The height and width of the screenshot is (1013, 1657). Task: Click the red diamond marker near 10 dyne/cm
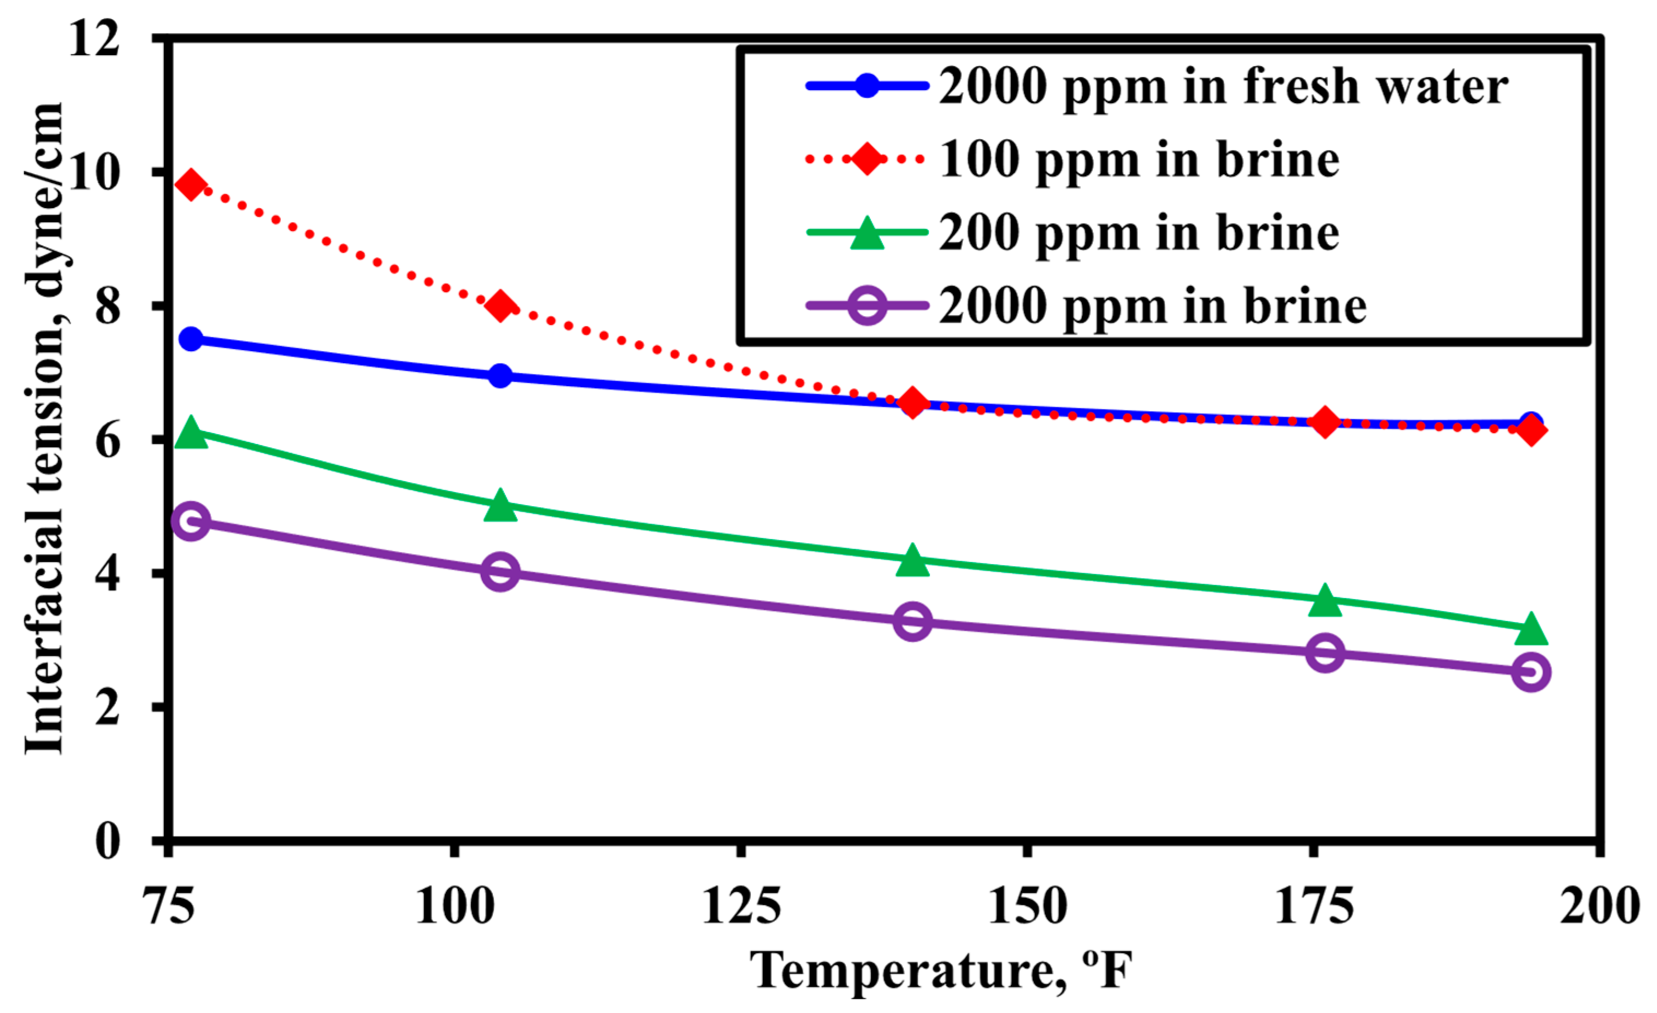click(x=192, y=185)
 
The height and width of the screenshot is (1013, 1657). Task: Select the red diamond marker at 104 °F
click(x=500, y=306)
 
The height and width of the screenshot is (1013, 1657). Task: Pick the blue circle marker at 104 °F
click(x=500, y=375)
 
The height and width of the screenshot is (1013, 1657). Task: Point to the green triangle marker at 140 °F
click(x=912, y=561)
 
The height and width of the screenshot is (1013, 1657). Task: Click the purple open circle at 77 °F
click(x=192, y=520)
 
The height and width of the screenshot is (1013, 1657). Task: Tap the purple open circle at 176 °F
click(x=1325, y=652)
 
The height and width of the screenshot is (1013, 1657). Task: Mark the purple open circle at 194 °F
click(x=1531, y=672)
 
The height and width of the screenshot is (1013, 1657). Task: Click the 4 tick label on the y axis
click(x=108, y=573)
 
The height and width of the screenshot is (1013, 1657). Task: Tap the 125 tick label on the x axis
click(x=741, y=907)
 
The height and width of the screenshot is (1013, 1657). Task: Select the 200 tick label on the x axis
click(x=1599, y=907)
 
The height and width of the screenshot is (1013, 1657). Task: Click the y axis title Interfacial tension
click(x=44, y=430)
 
